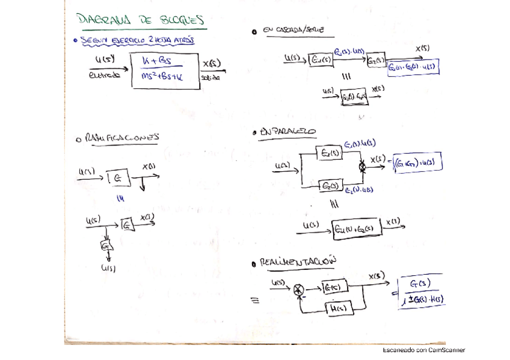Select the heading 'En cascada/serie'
coord(296,30)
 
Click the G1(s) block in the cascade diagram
coord(319,60)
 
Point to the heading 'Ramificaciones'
coord(121,138)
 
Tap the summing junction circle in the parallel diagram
coord(363,168)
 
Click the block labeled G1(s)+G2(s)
coord(357,229)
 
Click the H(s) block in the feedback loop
coord(338,309)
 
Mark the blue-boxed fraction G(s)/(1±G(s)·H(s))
coord(423,291)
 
